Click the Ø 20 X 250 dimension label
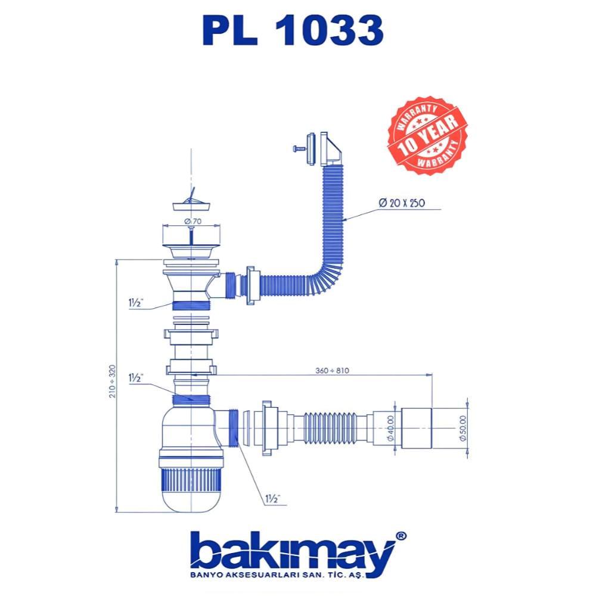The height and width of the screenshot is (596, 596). (401, 203)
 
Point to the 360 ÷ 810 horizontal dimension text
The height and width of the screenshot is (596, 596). (333, 370)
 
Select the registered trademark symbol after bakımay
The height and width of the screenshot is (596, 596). (402, 536)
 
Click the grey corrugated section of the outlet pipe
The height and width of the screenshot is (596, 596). (328, 426)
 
